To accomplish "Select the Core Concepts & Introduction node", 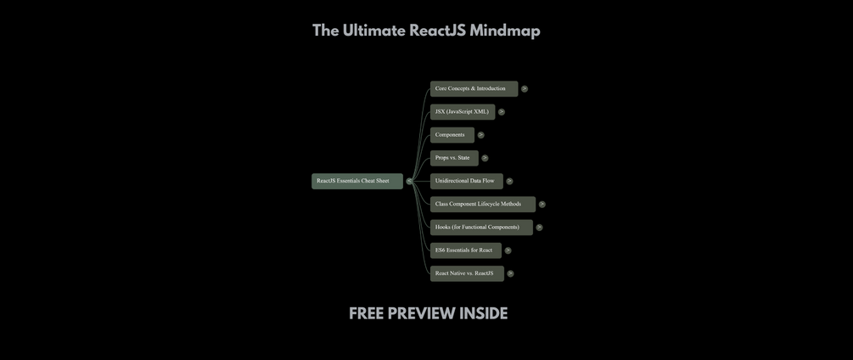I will tap(473, 88).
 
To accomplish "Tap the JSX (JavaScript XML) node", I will tap(462, 111).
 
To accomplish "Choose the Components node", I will tap(452, 135).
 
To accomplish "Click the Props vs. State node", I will tap(453, 158).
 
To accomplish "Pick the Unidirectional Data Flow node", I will tap(466, 181).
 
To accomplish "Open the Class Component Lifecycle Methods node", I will tap(481, 204).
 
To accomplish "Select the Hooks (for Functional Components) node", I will tap(480, 228).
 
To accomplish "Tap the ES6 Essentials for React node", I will tap(465, 250).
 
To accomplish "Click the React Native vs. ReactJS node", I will tap(466, 273).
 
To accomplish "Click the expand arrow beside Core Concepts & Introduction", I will tap(525, 88).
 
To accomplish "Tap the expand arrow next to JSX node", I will tap(502, 112).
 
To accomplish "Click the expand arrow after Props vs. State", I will tap(485, 158).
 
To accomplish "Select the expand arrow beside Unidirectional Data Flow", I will tap(509, 181).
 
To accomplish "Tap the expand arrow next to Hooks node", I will tap(539, 228).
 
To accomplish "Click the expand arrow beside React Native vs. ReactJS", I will tap(510, 273).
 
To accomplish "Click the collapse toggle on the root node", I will tap(409, 181).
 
